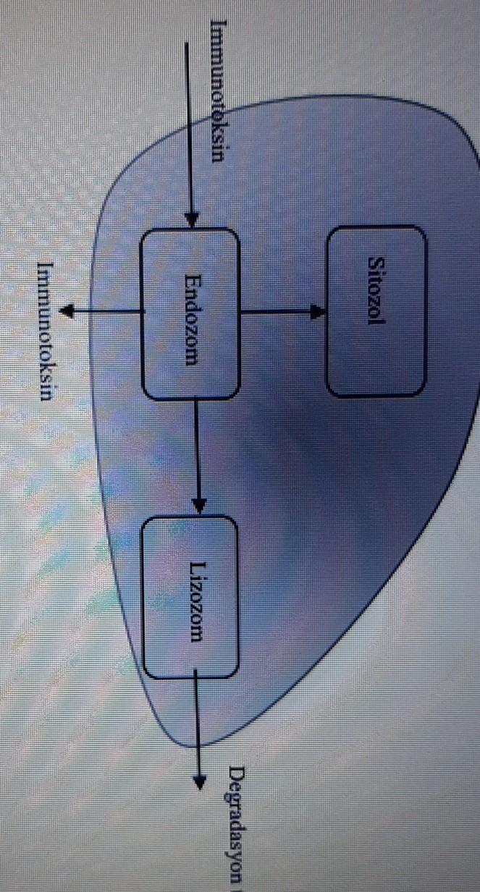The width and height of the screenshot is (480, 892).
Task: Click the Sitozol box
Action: tap(377, 310)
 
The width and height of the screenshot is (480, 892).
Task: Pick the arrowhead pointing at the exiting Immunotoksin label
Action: tap(68, 312)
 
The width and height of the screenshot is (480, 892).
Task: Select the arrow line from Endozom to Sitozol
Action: tap(279, 313)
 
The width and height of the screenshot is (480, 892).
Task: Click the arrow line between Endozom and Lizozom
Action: tap(195, 449)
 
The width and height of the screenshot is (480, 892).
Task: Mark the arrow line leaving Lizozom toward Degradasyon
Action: tap(197, 723)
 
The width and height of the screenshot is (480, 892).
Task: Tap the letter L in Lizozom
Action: tap(198, 566)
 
